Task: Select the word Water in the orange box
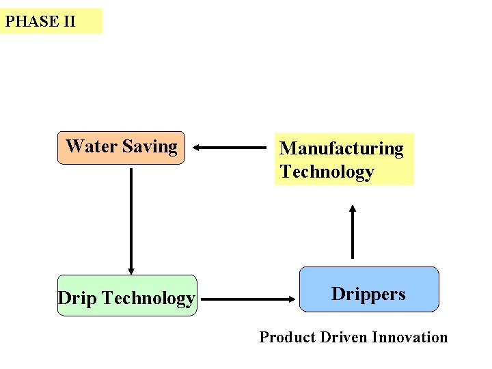[x=92, y=146]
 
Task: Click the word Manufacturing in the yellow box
[x=342, y=149]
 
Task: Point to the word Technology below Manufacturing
[x=327, y=172]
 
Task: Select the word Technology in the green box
[x=148, y=298]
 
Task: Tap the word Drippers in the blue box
[x=368, y=294]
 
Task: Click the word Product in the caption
[x=286, y=337]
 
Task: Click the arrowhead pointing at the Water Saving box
[x=195, y=147]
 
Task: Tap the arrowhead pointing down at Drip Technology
[x=131, y=271]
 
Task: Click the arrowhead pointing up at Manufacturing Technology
[x=353, y=206]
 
